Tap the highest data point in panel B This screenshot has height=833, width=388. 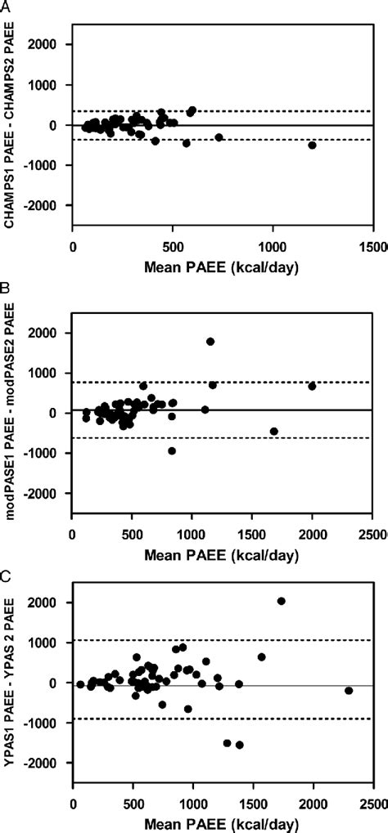click(x=210, y=342)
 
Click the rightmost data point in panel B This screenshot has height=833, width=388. click(x=312, y=386)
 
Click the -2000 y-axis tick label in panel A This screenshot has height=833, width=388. click(x=50, y=205)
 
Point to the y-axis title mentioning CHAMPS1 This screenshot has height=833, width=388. click(x=12, y=125)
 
